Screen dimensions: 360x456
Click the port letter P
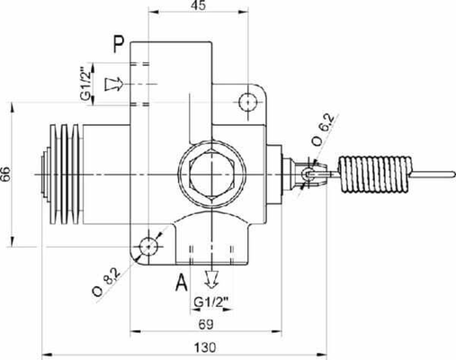tap(118, 43)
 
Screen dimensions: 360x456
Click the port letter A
tap(182, 283)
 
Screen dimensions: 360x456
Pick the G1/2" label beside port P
tap(85, 83)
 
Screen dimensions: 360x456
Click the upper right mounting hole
tap(249, 101)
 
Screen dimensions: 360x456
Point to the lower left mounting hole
tap(148, 245)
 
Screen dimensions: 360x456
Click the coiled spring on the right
tap(374, 173)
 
